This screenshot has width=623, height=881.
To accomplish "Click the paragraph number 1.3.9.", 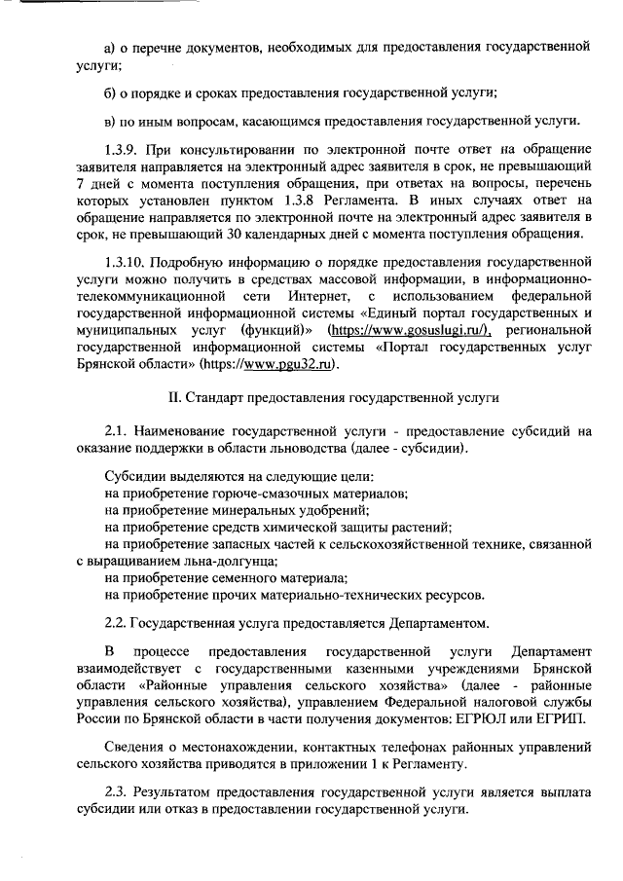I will (122, 148).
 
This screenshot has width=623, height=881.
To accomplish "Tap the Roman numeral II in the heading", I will (174, 398).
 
